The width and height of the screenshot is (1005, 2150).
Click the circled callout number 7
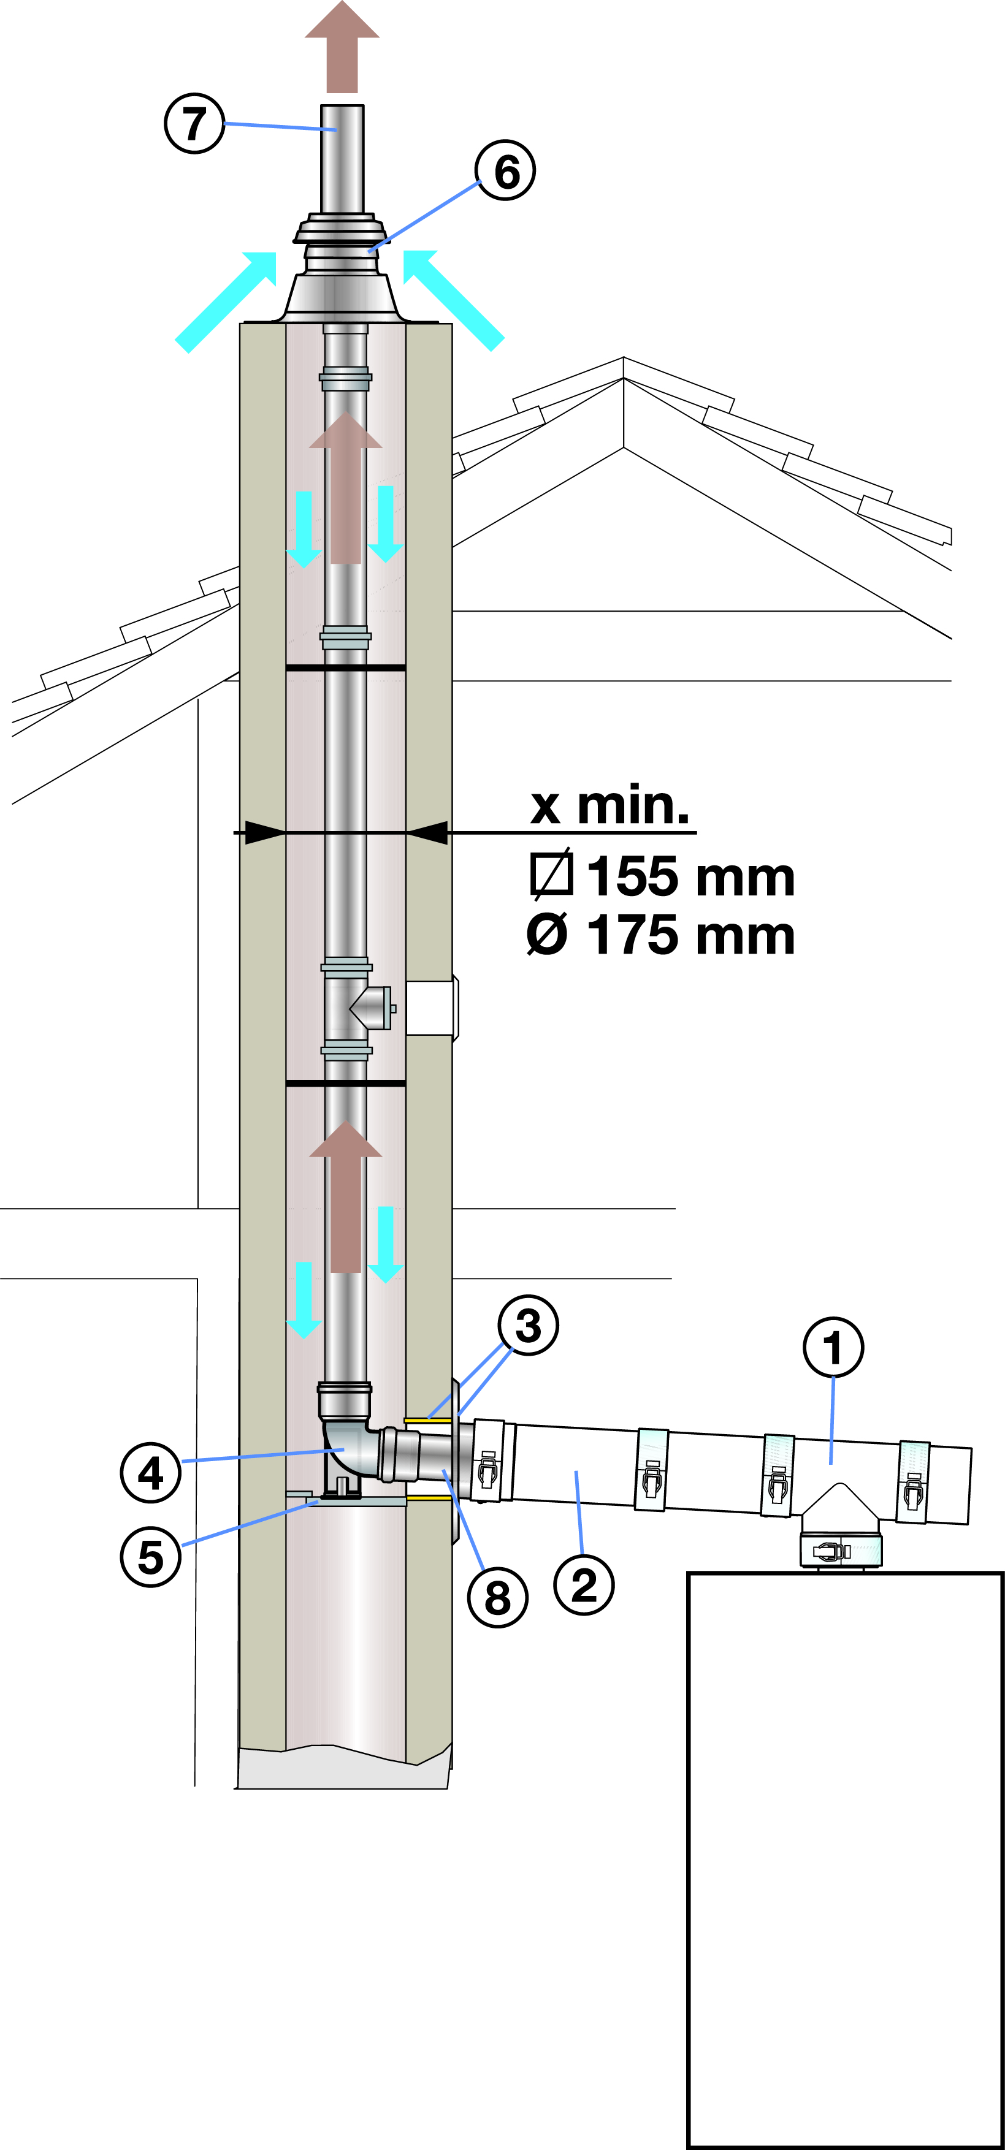pyautogui.click(x=194, y=124)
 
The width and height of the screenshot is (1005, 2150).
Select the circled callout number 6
pyautogui.click(x=506, y=170)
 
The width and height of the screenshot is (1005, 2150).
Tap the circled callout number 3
pyautogui.click(x=529, y=1324)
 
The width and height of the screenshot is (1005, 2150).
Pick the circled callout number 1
pyautogui.click(x=833, y=1347)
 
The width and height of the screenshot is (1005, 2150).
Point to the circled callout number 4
pyautogui.click(x=151, y=1472)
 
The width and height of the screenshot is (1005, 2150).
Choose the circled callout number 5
pyautogui.click(x=151, y=1557)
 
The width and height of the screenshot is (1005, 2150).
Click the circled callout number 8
pyautogui.click(x=497, y=1597)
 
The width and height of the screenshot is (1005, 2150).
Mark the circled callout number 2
pyautogui.click(x=584, y=1584)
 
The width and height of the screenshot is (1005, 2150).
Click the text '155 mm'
pyautogui.click(x=690, y=876)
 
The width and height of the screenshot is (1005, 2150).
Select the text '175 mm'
pyautogui.click(x=690, y=934)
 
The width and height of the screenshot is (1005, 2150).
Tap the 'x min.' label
pyautogui.click(x=610, y=805)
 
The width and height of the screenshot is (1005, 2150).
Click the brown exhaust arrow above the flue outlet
pyautogui.click(x=342, y=47)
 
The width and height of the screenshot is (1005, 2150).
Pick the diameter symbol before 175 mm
pyautogui.click(x=548, y=934)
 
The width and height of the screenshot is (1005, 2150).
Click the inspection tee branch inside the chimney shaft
pyautogui.click(x=372, y=1008)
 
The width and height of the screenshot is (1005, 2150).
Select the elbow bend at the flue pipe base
pyautogui.click(x=349, y=1451)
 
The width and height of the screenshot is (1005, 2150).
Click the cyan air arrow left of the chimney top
pyautogui.click(x=226, y=302)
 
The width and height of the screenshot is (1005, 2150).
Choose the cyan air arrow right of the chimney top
pyautogui.click(x=453, y=300)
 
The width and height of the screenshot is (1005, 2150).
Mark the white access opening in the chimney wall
pyautogui.click(x=430, y=1008)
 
